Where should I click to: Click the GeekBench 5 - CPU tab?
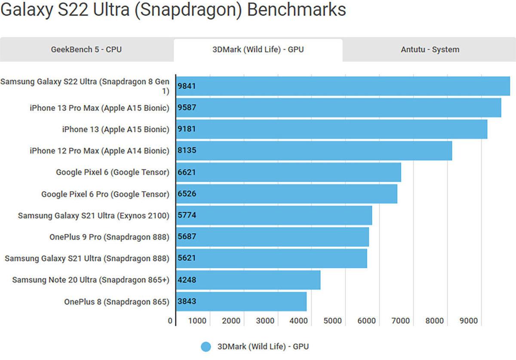coord(86,49)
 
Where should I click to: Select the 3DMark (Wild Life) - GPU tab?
coord(258,49)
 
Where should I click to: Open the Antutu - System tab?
coord(430,49)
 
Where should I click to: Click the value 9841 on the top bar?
coord(187,86)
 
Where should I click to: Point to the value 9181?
coord(187,129)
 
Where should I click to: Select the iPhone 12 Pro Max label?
coord(99,151)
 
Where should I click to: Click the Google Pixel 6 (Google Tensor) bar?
coord(288,172)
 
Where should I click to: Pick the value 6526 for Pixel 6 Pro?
coord(187,194)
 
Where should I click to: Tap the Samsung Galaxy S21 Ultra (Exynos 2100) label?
coord(93,215)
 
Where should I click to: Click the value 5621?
coord(187,258)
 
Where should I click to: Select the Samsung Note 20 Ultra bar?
coord(248,280)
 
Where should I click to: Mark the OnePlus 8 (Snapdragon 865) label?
coord(117,302)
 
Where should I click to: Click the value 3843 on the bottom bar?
coord(187,301)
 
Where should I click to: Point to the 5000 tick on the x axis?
coord(332,320)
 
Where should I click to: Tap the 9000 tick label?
coord(468,320)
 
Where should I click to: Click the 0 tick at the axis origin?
coord(170,320)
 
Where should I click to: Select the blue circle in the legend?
coord(206,347)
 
